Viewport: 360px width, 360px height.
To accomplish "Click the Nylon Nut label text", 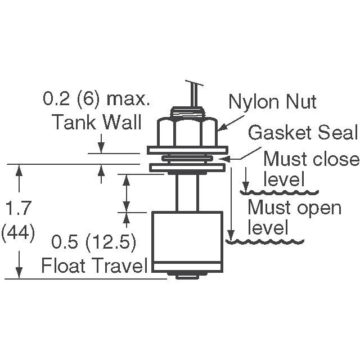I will click(x=273, y=102).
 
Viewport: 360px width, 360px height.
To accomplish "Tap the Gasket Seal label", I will click(x=303, y=133).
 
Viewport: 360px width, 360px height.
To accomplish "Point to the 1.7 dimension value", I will click(x=19, y=209).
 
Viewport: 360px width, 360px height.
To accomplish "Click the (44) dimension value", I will click(x=19, y=231).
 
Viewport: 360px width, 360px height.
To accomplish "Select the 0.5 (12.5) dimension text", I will click(x=94, y=243).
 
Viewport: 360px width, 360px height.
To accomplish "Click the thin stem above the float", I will click(x=186, y=192).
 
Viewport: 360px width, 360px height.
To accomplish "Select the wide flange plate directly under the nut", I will click(x=187, y=150).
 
